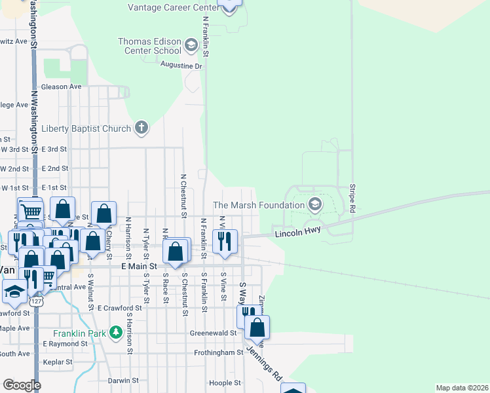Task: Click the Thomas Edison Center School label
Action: pyautogui.click(x=149, y=46)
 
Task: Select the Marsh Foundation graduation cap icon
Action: pyautogui.click(x=315, y=204)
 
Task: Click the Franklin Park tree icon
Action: pyautogui.click(x=115, y=333)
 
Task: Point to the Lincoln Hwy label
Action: pyautogui.click(x=298, y=233)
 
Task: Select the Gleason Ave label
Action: pyautogui.click(x=61, y=86)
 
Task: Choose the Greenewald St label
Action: pyautogui.click(x=214, y=333)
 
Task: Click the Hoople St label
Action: pyautogui.click(x=221, y=383)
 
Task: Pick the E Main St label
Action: pyautogui.click(x=139, y=267)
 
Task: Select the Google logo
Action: pyautogui.click(x=22, y=385)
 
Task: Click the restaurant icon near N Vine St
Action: pyautogui.click(x=225, y=240)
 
